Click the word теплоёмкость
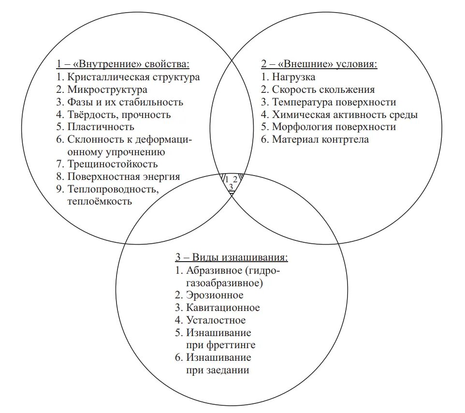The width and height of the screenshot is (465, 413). (100, 202)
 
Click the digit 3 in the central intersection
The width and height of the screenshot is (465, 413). (231, 187)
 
